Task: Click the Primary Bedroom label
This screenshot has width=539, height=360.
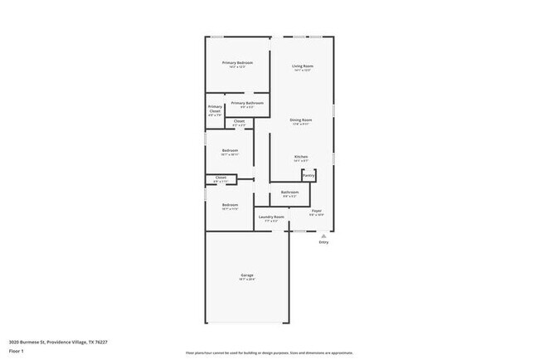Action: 237,63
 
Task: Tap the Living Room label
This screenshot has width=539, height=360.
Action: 302,66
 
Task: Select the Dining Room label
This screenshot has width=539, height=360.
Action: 301,119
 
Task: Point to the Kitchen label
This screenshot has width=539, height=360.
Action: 302,156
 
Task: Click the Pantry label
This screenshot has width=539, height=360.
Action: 308,175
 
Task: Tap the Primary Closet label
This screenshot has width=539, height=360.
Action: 215,109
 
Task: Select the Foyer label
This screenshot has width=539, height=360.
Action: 316,211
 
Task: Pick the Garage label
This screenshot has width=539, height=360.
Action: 247,275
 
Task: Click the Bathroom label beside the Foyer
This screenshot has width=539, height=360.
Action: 289,192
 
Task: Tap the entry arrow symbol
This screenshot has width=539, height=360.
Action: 323,235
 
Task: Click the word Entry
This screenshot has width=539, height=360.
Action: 323,242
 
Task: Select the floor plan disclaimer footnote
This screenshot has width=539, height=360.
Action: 269,352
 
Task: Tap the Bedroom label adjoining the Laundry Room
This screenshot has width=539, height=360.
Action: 230,205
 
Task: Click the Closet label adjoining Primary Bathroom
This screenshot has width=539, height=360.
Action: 239,121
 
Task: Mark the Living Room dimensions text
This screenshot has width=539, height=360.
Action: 302,71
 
